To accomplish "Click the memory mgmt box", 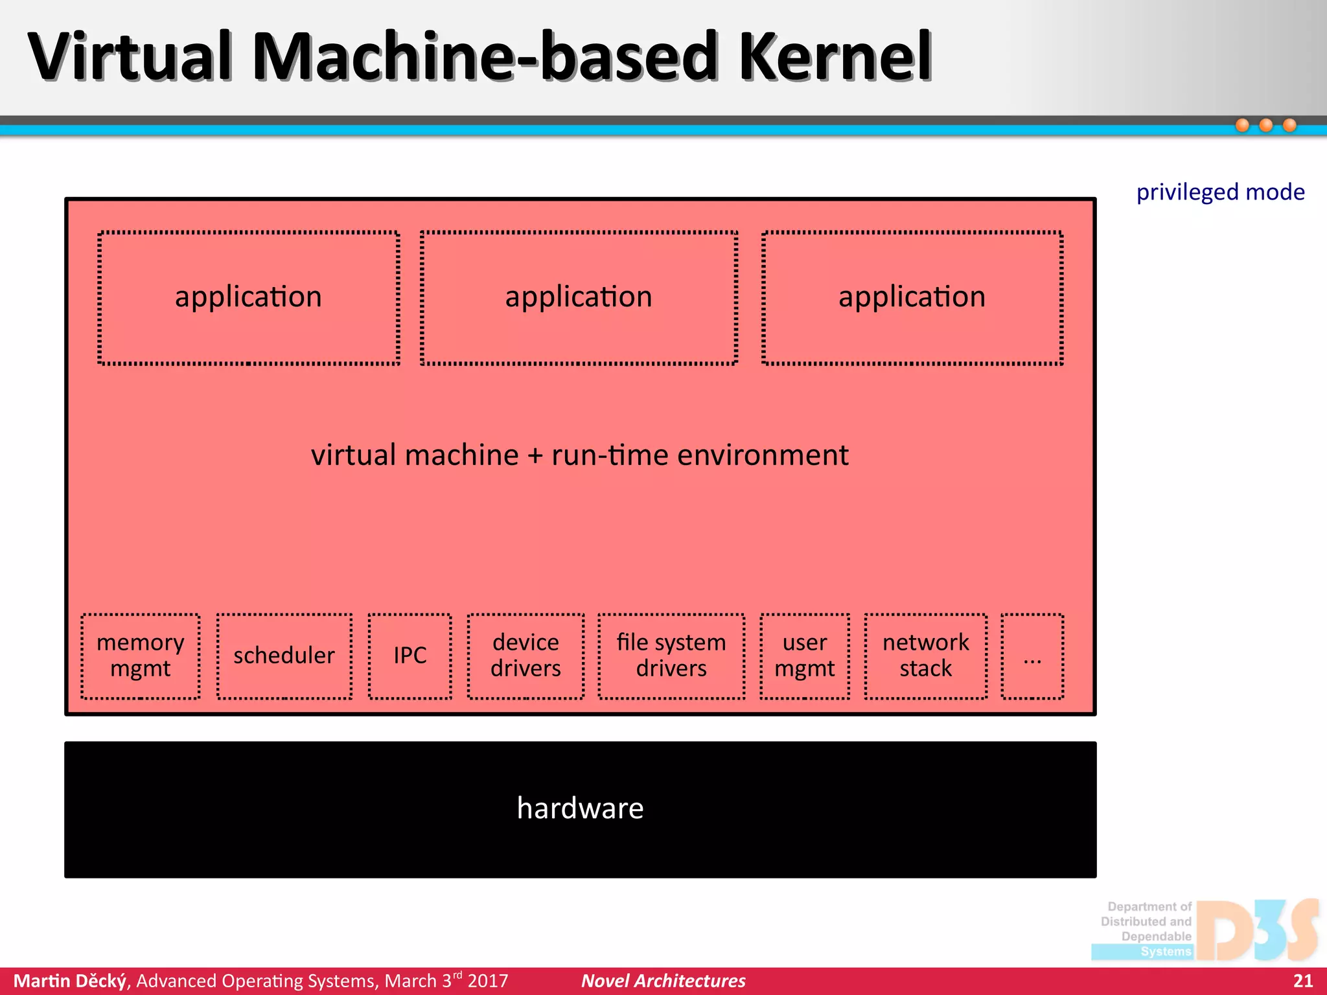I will coord(141,656).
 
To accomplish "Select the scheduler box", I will coord(284,656).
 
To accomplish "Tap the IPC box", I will coord(410,656).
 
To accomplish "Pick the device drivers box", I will coord(525,656).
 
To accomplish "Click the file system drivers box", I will coord(671,656).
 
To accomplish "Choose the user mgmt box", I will coord(805,656).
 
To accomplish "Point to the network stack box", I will coord(926,656).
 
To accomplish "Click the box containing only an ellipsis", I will coord(1032,656).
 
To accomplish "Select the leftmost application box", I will coord(249,298).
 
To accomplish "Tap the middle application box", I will coord(579,298).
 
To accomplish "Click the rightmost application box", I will coord(912,298).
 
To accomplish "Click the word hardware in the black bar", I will coord(580,808).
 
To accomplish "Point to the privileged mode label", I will coord(1220,192).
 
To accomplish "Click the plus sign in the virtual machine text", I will coord(535,456).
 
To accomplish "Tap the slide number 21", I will coord(1302,981).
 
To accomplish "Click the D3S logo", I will coord(1257,930).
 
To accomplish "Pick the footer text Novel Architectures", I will coord(663,981).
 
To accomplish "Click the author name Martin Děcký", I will coord(70,981).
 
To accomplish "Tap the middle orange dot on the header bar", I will coord(1266,125).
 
